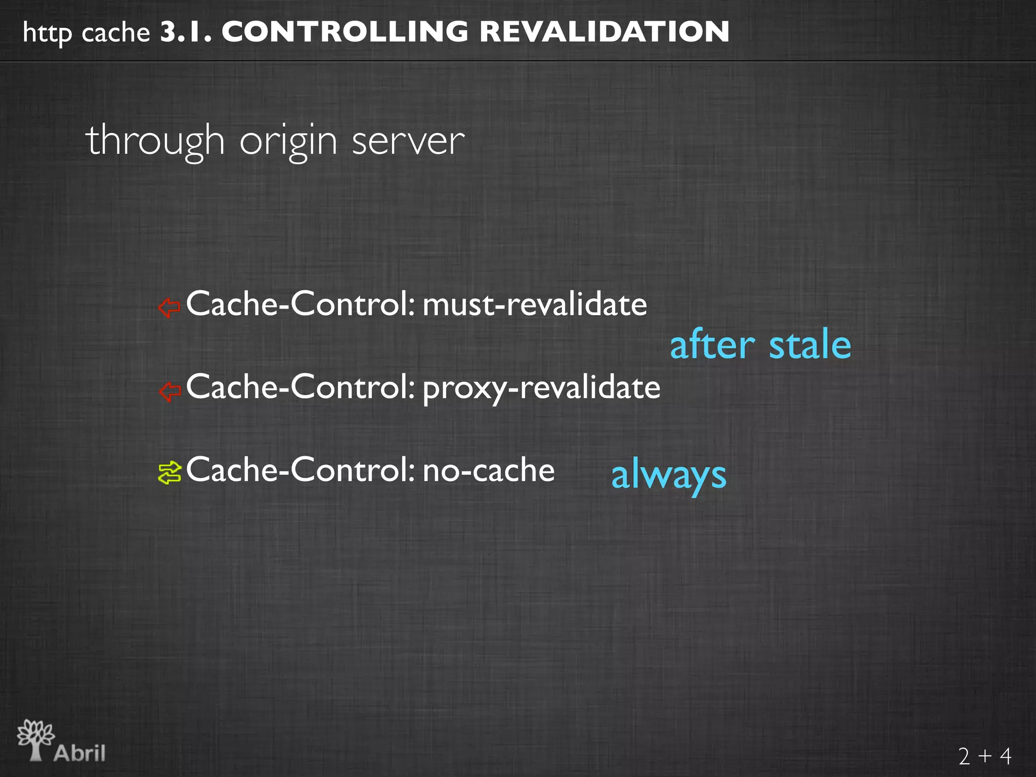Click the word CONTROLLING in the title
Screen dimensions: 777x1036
click(345, 32)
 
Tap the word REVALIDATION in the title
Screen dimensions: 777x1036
click(604, 32)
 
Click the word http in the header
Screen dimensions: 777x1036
click(48, 33)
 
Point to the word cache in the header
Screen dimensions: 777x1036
click(115, 33)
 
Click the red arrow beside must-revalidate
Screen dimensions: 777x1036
click(169, 307)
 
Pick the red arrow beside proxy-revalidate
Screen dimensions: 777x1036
click(169, 391)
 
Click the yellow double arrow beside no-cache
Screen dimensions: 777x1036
click(169, 473)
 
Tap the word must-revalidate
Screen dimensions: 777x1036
click(535, 305)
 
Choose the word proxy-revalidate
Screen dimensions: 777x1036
click(541, 388)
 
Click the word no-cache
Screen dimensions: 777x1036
click(489, 470)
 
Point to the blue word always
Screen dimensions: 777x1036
click(669, 476)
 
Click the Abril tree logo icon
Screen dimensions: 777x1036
click(35, 739)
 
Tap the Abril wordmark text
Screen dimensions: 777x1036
click(80, 753)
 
